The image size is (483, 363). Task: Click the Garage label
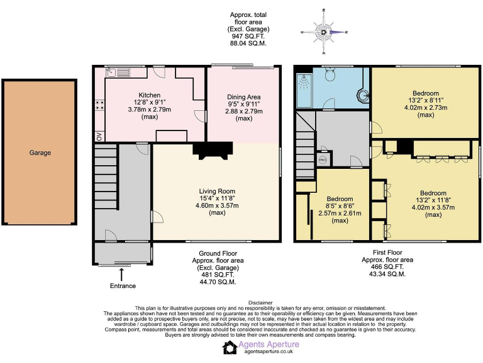pos(40,153)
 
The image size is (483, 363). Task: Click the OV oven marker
pos(99,135)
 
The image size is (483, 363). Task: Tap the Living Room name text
pos(217,191)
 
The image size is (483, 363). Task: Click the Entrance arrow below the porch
pos(121,274)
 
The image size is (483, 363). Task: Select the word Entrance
pos(123,286)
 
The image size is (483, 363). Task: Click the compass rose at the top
pos(323,31)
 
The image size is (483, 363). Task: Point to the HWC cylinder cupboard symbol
pos(323,159)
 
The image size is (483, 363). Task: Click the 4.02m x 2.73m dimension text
pos(425,108)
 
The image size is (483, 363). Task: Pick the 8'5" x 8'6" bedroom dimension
pos(340,206)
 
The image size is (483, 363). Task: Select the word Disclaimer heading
pos(261,302)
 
